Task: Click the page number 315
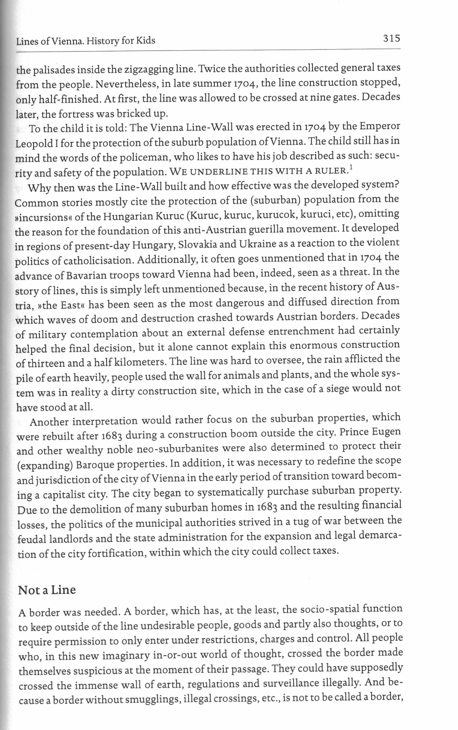click(391, 39)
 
